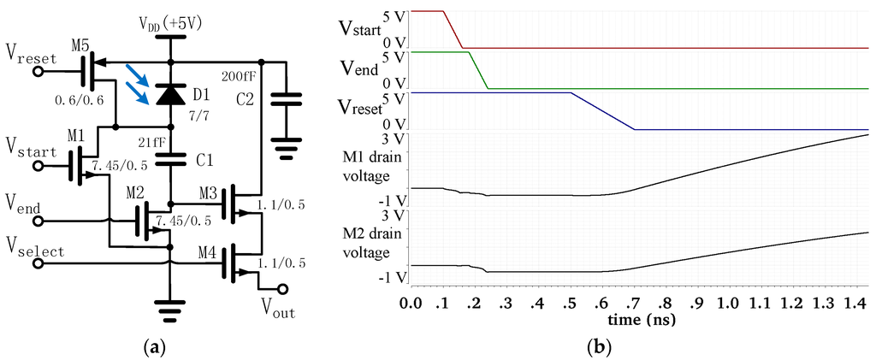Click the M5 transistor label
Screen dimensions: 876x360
click(80, 44)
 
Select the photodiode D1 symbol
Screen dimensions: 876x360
click(171, 95)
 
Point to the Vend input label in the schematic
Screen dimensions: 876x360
click(23, 204)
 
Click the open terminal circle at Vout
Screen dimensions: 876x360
click(283, 289)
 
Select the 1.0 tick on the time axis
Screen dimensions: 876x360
click(727, 303)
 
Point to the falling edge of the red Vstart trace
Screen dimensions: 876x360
click(453, 30)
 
